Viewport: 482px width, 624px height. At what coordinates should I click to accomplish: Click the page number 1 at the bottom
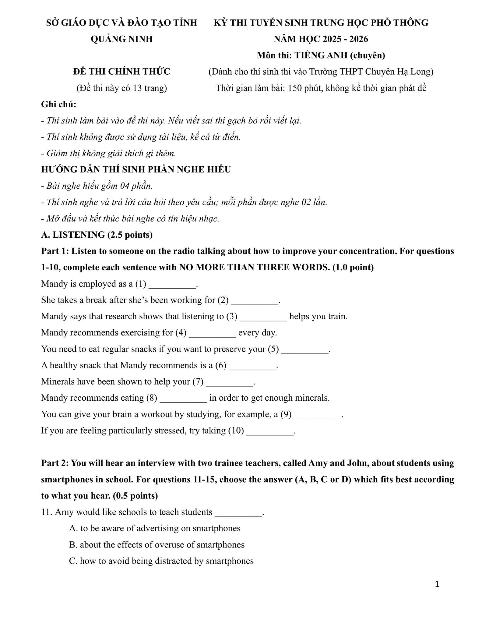(437, 584)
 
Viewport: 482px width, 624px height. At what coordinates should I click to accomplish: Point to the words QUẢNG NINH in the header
(122, 39)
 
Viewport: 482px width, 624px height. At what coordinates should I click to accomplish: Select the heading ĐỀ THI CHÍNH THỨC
(122, 72)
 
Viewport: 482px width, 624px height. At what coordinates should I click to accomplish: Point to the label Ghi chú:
(59, 104)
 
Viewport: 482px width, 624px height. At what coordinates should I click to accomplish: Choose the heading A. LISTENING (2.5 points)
(97, 235)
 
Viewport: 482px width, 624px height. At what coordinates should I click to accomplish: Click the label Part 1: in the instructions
(55, 251)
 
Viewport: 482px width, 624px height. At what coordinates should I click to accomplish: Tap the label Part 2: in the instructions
(55, 463)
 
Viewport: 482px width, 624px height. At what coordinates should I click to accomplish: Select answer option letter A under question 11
(73, 528)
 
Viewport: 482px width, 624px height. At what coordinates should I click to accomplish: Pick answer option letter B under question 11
(73, 545)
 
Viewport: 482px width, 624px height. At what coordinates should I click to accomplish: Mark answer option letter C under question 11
(73, 561)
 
